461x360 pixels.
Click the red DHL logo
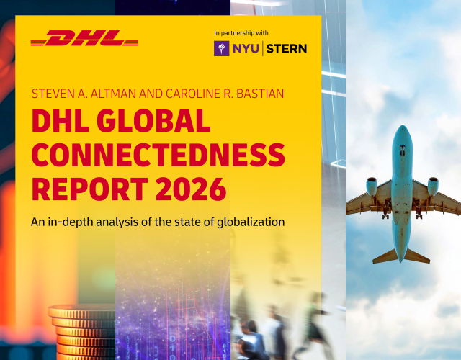pyautogui.click(x=84, y=38)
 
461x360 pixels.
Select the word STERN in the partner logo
pyautogui.click(x=287, y=48)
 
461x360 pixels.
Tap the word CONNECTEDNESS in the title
pyautogui.click(x=158, y=155)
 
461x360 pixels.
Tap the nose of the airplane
pyautogui.click(x=403, y=132)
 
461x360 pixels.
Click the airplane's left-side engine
pyautogui.click(x=372, y=186)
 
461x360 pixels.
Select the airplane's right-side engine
pyautogui.click(x=434, y=186)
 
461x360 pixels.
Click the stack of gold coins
pyautogui.click(x=83, y=331)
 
